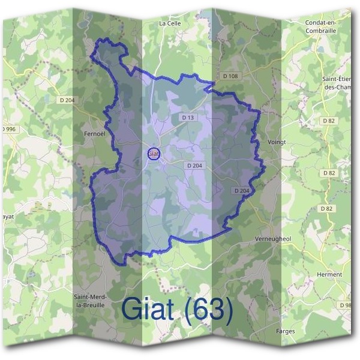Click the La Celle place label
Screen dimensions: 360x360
(x=170, y=23)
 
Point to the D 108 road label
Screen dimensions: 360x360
(x=230, y=76)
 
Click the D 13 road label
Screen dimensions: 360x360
(x=187, y=118)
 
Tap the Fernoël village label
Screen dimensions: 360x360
(x=95, y=134)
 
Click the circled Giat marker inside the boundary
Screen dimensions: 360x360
(x=154, y=154)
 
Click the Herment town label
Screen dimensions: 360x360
(x=329, y=274)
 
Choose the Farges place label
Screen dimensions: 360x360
(x=286, y=331)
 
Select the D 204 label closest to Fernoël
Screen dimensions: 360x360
(x=67, y=100)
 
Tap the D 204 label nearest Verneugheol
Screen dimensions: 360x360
(x=241, y=190)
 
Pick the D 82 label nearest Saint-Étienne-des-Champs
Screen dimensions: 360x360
(x=328, y=121)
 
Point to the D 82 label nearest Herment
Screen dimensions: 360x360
(x=326, y=208)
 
